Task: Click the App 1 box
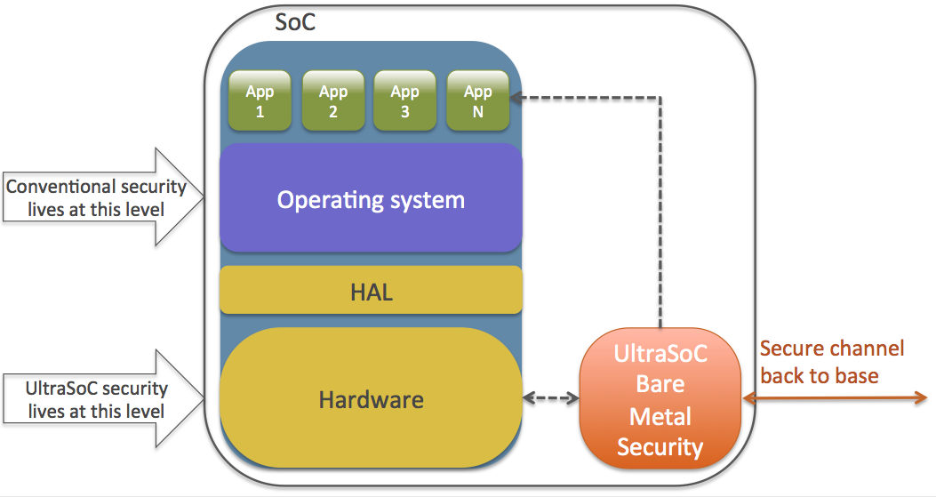[260, 100]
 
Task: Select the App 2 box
[333, 100]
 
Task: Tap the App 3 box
[405, 100]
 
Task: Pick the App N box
[477, 100]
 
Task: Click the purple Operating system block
[371, 199]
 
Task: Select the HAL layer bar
[371, 291]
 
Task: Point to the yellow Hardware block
[371, 399]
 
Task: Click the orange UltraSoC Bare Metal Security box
[660, 399]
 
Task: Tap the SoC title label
[294, 22]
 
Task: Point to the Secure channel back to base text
[831, 362]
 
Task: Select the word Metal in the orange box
[660, 416]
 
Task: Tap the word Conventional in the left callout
[61, 187]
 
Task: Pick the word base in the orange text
[854, 375]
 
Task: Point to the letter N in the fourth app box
[478, 112]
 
